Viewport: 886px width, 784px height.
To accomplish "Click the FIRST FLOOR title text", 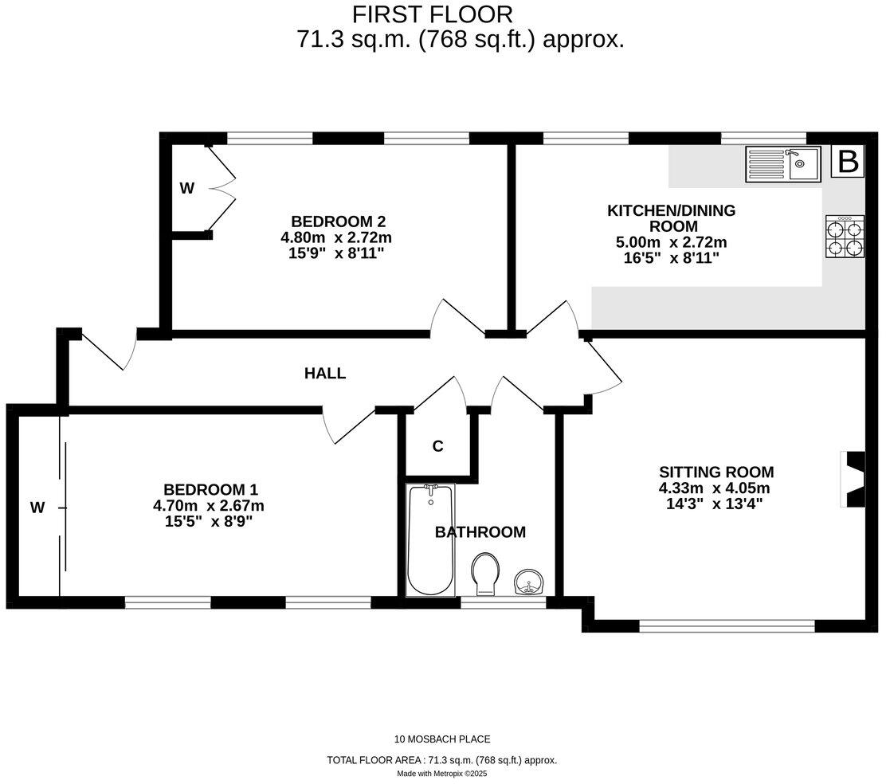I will pyautogui.click(x=433, y=14).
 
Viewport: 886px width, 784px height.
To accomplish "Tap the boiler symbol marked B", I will pyautogui.click(x=849, y=162).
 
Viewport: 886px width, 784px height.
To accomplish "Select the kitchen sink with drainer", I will pyautogui.click(x=782, y=164).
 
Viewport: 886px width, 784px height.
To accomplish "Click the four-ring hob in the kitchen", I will pyautogui.click(x=845, y=237).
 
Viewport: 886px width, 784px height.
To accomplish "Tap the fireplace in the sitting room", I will pyautogui.click(x=853, y=480).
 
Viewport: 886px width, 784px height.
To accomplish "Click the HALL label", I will pyautogui.click(x=325, y=373).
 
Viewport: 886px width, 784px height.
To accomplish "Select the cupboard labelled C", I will pyautogui.click(x=437, y=446).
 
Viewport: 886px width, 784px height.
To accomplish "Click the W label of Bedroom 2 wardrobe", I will pyautogui.click(x=186, y=189).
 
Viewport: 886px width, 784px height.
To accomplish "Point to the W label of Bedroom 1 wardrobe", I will pyautogui.click(x=37, y=507).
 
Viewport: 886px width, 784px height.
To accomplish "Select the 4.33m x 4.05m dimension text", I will pyautogui.click(x=715, y=488).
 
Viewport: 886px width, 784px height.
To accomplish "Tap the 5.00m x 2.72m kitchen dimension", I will pyautogui.click(x=672, y=242).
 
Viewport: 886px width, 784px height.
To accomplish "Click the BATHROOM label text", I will pyautogui.click(x=480, y=532).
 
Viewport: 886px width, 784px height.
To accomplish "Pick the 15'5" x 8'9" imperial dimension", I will pyautogui.click(x=208, y=520).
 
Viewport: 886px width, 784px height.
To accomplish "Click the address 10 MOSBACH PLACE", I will pyautogui.click(x=442, y=739).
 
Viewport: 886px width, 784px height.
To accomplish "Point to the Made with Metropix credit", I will pyautogui.click(x=442, y=773).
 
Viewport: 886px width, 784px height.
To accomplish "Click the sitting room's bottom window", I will pyautogui.click(x=727, y=626).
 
